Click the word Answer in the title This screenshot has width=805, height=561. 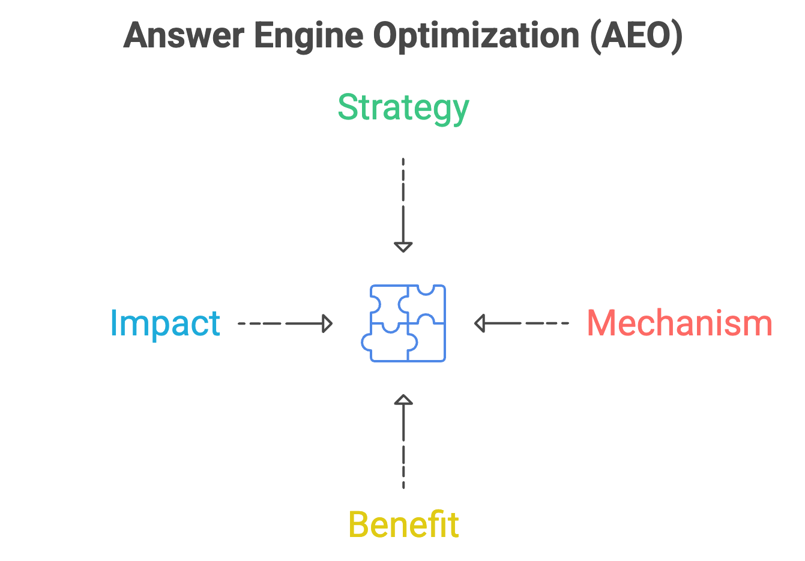[x=183, y=35]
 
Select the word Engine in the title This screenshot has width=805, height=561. [x=308, y=37]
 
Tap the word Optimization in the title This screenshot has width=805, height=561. [x=475, y=37]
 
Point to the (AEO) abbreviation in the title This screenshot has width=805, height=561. [x=636, y=37]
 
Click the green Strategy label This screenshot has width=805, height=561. [x=403, y=108]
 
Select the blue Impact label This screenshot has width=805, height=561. [x=165, y=323]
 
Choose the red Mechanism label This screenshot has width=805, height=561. [x=679, y=323]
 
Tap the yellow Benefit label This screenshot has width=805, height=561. [x=403, y=524]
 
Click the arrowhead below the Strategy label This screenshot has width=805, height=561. [x=403, y=247]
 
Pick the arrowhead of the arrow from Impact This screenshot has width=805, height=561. [x=327, y=323]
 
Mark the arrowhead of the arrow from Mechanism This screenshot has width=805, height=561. [x=480, y=323]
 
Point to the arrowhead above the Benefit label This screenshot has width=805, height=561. [x=403, y=400]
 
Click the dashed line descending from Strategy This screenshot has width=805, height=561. [x=403, y=192]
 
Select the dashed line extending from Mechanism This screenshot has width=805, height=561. [x=534, y=323]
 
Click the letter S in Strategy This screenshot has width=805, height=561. [x=348, y=107]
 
